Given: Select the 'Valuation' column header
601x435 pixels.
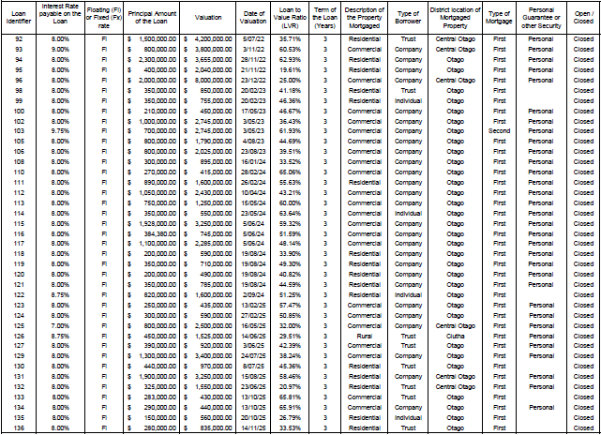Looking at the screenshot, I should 208,15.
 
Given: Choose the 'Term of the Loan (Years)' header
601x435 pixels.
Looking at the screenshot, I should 324,15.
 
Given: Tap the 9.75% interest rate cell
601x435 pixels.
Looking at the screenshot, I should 59,132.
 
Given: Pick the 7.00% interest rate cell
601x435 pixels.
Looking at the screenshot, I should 59,326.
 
